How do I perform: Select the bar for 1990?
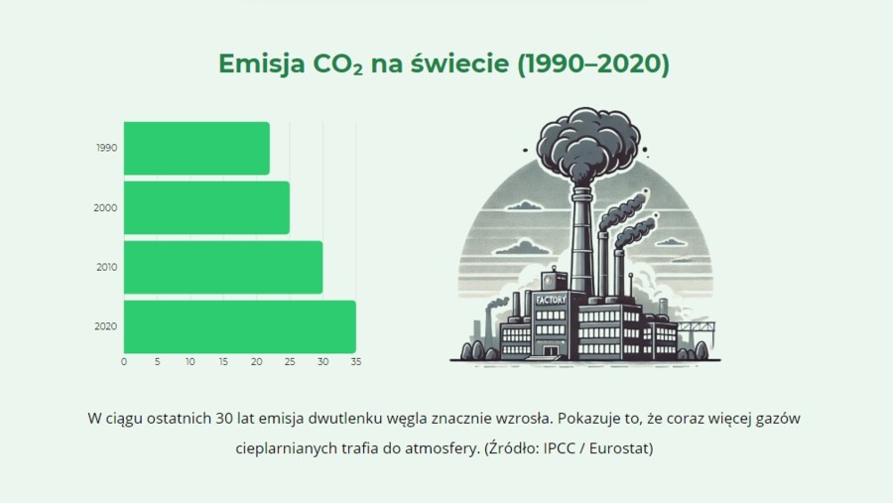(196, 148)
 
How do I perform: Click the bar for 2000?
(206, 207)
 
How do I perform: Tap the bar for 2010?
(222, 267)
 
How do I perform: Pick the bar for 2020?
(239, 326)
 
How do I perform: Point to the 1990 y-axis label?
(107, 148)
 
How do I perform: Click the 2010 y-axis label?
(107, 267)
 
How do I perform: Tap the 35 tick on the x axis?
(355, 362)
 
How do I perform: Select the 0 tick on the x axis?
(124, 362)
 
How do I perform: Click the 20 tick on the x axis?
(256, 362)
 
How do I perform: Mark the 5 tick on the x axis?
(157, 362)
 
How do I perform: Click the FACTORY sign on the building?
(551, 299)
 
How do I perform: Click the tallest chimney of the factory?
(581, 238)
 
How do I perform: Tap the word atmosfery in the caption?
(442, 448)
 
